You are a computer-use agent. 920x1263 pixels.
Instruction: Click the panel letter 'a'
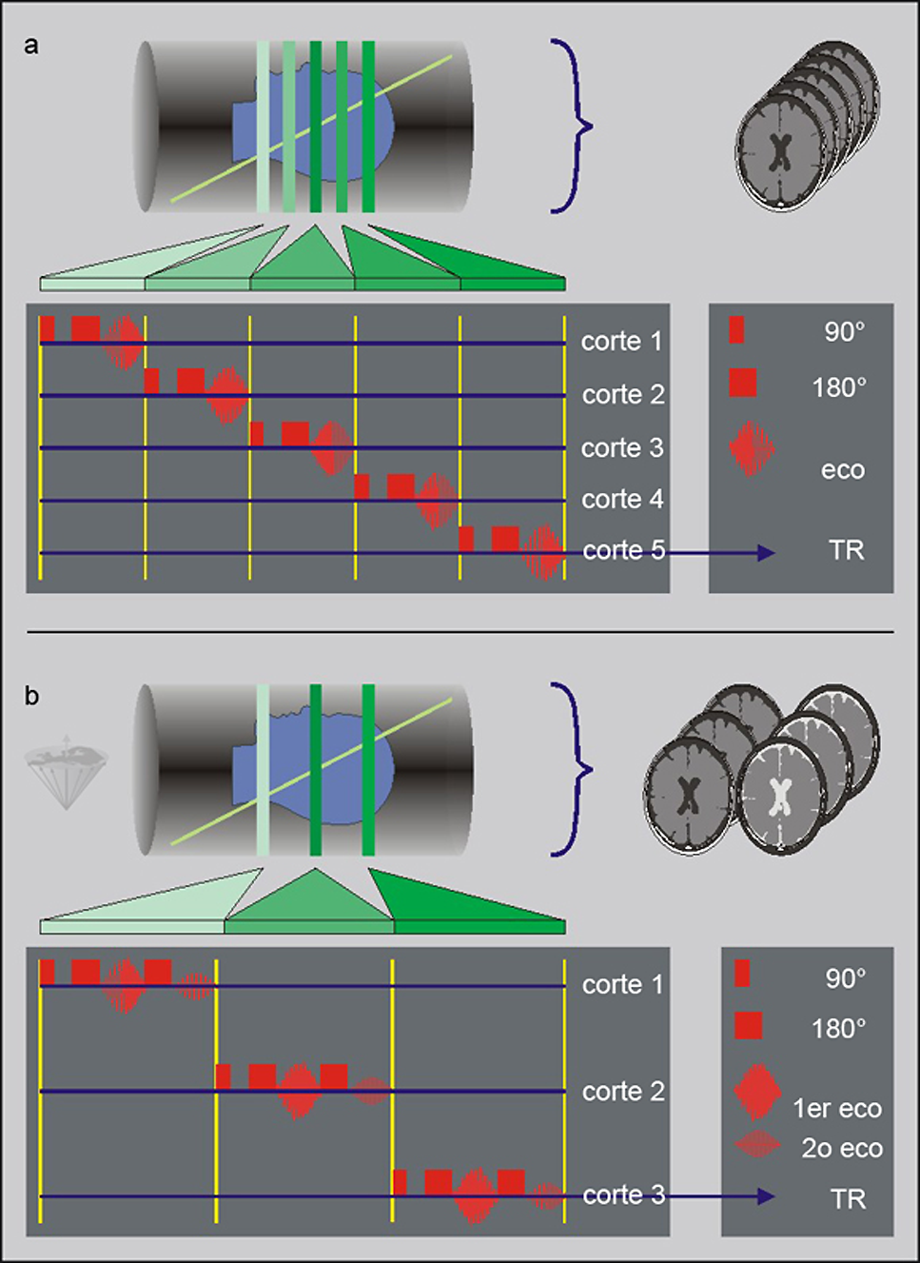[31, 46]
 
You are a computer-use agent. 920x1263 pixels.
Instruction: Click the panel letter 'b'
[31, 697]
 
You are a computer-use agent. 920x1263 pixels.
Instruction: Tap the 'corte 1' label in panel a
[621, 341]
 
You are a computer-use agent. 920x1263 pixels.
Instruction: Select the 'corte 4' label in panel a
[622, 499]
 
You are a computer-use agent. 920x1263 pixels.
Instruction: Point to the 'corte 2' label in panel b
[623, 1091]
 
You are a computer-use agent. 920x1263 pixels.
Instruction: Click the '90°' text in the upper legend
[844, 331]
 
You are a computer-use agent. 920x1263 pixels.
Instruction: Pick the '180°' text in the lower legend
[838, 1028]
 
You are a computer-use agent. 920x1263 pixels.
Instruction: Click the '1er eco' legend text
[837, 1108]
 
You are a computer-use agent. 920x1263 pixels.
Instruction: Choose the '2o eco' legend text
[842, 1148]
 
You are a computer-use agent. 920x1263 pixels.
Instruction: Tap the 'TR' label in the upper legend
[846, 550]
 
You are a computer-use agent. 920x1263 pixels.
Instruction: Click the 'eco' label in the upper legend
[843, 469]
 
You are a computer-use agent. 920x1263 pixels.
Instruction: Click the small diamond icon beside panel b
[66, 771]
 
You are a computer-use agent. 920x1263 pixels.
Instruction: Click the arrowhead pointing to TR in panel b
[766, 1196]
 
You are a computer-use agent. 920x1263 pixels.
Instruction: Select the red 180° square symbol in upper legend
[742, 383]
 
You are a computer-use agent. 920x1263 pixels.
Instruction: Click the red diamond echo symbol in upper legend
[752, 447]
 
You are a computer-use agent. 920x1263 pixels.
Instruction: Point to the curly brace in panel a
[574, 126]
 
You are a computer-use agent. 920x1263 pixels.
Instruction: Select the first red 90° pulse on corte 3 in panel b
[400, 1182]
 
